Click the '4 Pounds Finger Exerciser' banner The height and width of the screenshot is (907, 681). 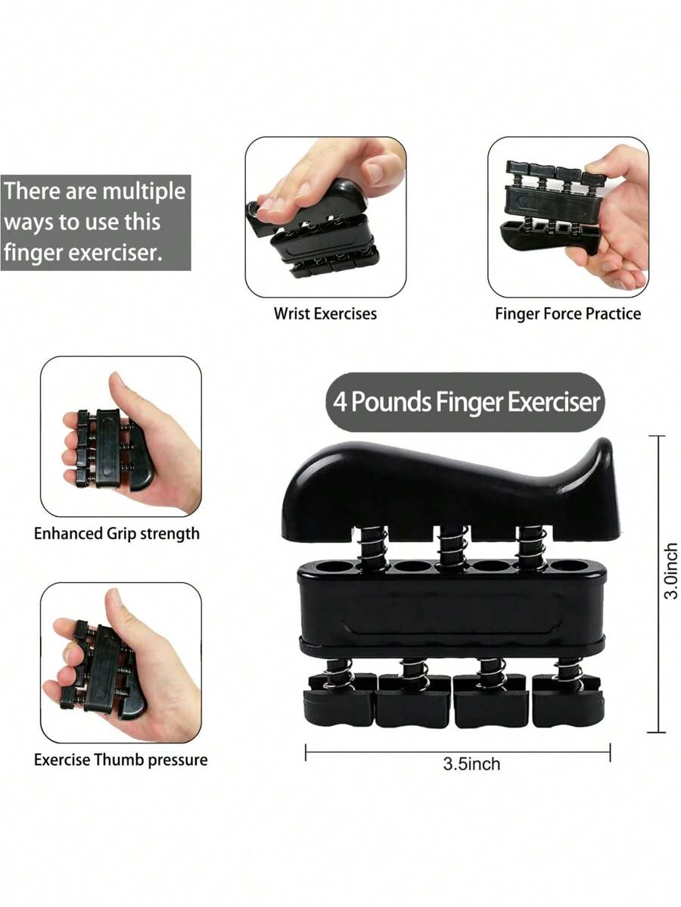[466, 402]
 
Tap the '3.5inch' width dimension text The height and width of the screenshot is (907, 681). [471, 764]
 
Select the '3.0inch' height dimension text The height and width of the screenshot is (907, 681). [670, 572]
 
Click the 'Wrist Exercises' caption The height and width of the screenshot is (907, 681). [325, 313]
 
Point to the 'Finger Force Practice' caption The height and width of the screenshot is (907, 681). [567, 313]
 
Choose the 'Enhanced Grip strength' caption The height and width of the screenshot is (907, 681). [117, 534]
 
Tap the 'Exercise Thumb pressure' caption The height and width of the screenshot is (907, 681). [120, 759]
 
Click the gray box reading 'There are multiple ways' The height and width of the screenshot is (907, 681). [95, 222]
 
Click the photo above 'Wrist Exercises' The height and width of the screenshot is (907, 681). [325, 217]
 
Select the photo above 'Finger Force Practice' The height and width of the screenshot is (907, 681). [567, 217]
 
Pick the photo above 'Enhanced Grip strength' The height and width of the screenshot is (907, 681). [121, 437]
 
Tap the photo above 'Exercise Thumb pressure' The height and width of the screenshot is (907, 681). [121, 662]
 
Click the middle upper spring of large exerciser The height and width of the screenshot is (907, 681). [451, 544]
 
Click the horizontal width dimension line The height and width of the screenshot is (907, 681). [458, 753]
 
